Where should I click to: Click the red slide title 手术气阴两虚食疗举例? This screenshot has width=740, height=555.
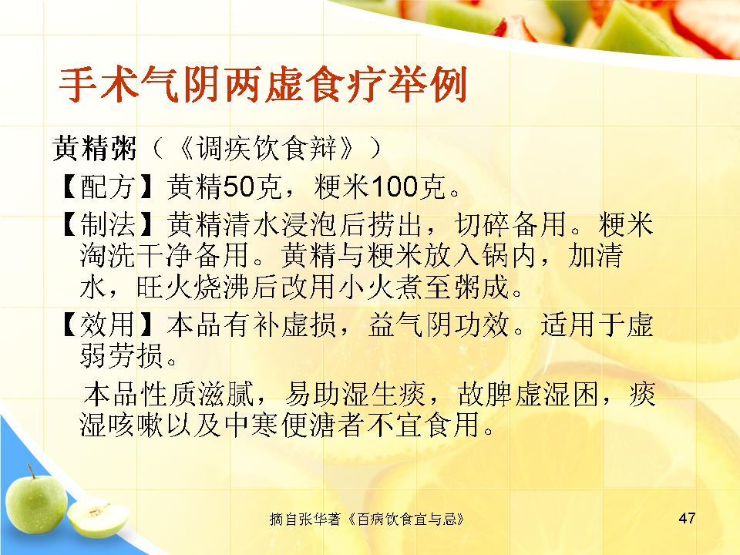click(x=263, y=85)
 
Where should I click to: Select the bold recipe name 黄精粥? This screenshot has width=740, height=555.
click(x=94, y=148)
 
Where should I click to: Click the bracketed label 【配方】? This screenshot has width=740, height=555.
click(x=108, y=187)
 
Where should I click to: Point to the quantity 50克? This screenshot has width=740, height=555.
click(x=253, y=187)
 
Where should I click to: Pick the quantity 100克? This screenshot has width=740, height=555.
click(x=409, y=187)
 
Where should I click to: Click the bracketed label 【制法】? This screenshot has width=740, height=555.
click(x=108, y=224)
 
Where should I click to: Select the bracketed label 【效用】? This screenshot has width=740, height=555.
click(x=108, y=325)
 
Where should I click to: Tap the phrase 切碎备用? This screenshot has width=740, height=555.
click(x=510, y=224)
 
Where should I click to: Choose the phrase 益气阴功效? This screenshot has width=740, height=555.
click(x=439, y=325)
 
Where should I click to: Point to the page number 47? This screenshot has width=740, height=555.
click(x=687, y=518)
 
